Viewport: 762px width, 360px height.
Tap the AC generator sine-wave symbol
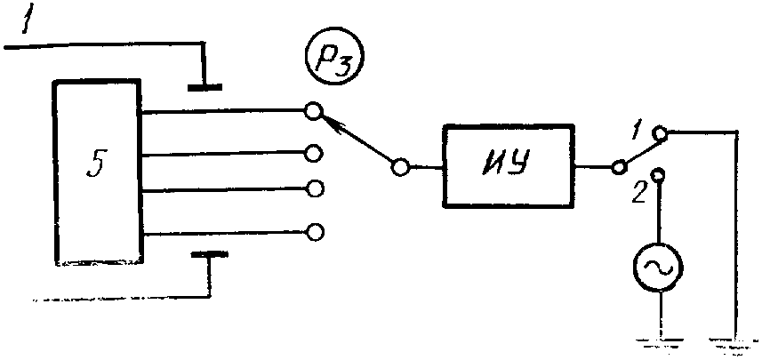(659, 266)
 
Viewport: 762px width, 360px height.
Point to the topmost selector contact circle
(312, 112)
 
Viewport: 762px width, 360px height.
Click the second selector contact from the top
(313, 153)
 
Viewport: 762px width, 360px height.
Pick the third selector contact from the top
(313, 188)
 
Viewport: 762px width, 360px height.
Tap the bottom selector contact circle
(313, 232)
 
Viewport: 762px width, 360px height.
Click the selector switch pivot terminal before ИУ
(401, 166)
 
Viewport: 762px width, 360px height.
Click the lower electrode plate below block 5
(210, 255)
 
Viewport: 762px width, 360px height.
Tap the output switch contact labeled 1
(659, 132)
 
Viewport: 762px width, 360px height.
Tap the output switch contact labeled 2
(659, 175)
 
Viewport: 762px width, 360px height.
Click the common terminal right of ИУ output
(616, 166)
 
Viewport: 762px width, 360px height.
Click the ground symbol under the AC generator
(659, 338)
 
